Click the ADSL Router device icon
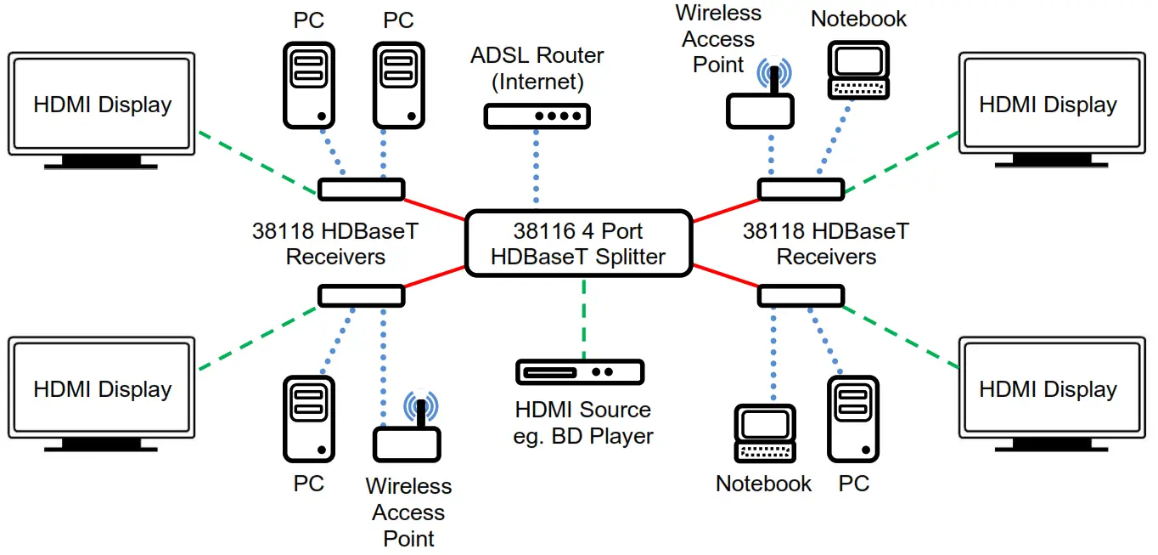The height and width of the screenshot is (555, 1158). click(536, 116)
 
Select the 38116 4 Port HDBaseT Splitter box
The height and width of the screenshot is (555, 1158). click(578, 243)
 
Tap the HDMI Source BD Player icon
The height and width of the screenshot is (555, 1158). click(580, 371)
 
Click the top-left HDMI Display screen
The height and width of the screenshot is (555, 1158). click(102, 105)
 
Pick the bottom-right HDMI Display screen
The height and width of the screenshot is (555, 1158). click(1048, 389)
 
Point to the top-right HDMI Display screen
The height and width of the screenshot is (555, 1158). click(1048, 105)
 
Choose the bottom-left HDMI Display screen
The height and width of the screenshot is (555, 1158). click(102, 389)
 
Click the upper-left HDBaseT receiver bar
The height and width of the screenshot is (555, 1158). click(361, 189)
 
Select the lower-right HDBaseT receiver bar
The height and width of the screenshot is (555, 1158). click(801, 296)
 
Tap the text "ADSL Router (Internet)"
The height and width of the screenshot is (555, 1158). click(537, 69)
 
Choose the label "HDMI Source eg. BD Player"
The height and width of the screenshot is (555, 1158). click(583, 422)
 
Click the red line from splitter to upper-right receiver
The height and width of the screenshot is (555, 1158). click(725, 211)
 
